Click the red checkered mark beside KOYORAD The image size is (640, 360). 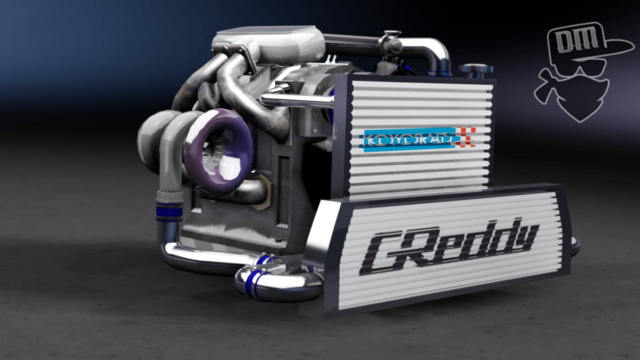[467, 137]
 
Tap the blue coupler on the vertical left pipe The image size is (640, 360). [170, 211]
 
